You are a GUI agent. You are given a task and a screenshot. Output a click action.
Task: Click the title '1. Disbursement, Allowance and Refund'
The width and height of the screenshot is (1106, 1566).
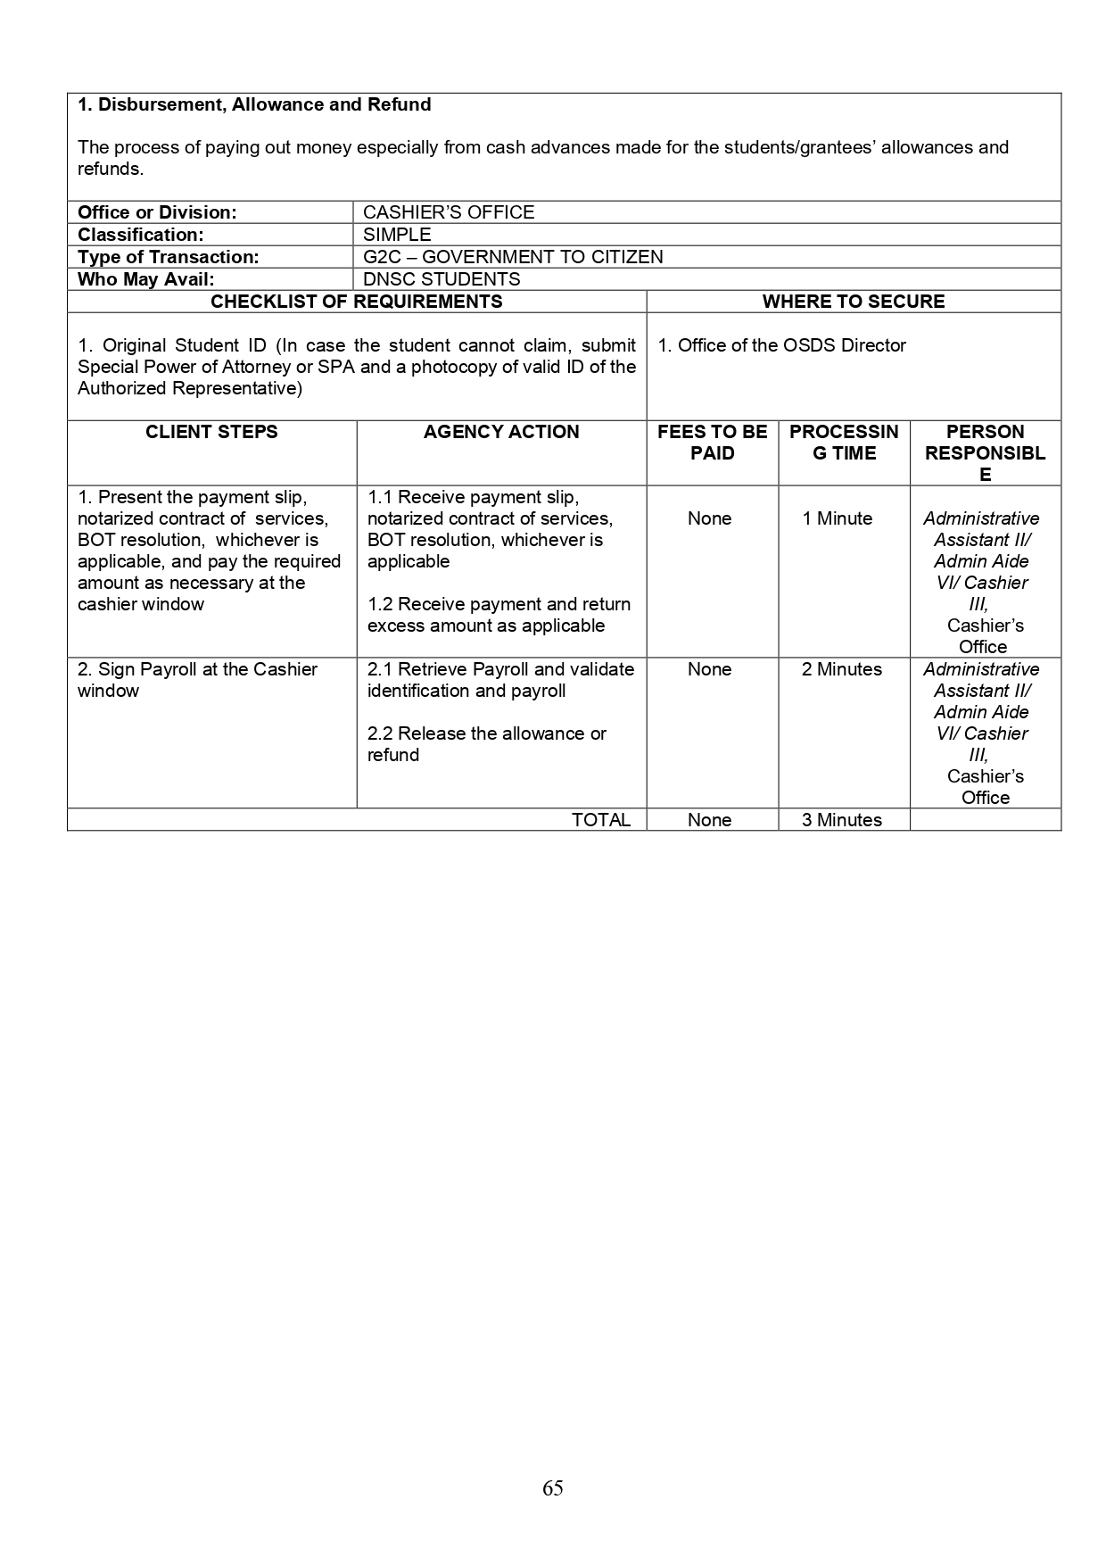click(254, 104)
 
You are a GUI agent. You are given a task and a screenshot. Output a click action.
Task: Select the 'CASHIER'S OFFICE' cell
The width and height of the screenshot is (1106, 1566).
click(449, 212)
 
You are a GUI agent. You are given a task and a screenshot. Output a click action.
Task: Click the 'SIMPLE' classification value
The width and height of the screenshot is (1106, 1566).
click(397, 235)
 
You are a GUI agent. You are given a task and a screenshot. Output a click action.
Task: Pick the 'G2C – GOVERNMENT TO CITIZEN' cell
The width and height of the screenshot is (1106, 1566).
click(513, 257)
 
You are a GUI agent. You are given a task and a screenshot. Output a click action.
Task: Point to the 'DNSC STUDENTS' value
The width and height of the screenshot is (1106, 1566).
click(442, 279)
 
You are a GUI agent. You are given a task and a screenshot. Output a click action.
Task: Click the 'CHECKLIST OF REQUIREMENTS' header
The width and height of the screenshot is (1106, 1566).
click(356, 302)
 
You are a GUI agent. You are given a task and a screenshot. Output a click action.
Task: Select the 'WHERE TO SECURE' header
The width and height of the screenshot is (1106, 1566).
click(853, 302)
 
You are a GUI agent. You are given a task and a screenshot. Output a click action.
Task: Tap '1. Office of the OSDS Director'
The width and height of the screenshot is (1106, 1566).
click(781, 345)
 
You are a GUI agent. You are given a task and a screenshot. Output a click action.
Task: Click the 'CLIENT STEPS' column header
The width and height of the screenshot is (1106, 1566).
click(211, 432)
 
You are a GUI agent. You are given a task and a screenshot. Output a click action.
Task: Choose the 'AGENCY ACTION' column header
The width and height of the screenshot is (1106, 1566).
click(501, 432)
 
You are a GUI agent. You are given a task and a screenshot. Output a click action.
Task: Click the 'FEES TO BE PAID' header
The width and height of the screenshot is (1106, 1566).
click(712, 443)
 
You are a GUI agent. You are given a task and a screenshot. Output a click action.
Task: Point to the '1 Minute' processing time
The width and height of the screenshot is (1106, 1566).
click(837, 518)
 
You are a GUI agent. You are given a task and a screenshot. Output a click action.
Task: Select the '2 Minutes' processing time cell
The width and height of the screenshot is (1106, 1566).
click(841, 669)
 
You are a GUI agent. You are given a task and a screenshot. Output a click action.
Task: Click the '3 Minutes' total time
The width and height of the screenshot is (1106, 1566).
click(841, 820)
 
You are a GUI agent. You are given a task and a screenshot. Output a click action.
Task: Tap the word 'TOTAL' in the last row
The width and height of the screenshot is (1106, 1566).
click(600, 820)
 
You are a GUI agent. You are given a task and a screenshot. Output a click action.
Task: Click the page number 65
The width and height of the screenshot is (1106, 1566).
click(552, 1487)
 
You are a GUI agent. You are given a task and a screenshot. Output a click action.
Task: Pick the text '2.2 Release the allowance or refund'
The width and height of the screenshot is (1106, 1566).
click(486, 744)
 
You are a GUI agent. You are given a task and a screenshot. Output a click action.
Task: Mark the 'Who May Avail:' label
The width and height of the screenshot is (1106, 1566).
click(145, 279)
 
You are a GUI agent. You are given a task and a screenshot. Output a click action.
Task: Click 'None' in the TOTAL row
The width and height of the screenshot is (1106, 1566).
click(709, 820)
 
